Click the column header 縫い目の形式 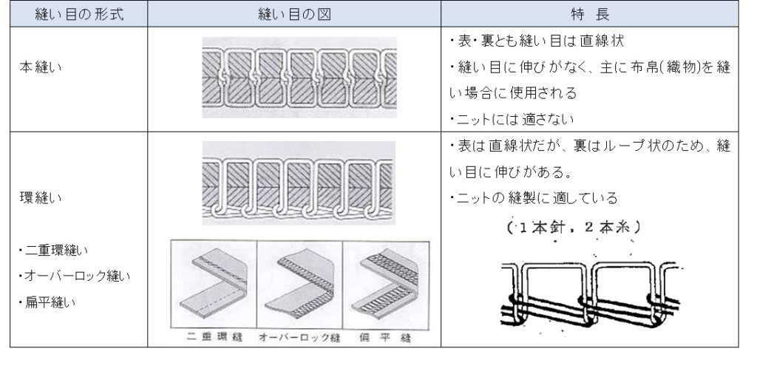[79, 14]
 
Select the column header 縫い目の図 [294, 14]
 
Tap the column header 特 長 [589, 14]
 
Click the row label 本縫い [41, 67]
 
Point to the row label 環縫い [41, 197]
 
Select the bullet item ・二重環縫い [53, 250]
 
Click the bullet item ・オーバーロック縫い [75, 276]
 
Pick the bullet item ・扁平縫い [47, 302]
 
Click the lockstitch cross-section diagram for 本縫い [299, 77]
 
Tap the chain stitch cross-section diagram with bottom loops [299, 183]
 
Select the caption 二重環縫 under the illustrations [214, 337]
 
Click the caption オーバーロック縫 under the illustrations [299, 337]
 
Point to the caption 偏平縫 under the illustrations [385, 337]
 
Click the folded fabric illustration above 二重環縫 [214, 285]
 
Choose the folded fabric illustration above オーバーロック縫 [300, 285]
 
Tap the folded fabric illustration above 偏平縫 [386, 285]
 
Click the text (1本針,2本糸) [574, 227]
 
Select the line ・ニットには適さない [512, 119]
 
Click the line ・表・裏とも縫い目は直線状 [537, 41]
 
